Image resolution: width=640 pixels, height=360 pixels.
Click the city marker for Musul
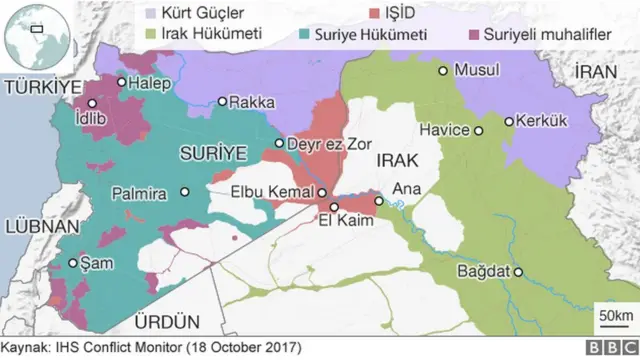point(442,70)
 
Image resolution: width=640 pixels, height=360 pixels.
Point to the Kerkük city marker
point(509,122)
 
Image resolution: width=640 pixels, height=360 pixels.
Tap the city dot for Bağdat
point(519,272)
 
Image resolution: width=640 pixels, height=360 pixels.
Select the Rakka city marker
point(222,101)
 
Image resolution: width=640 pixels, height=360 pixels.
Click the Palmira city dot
point(184,192)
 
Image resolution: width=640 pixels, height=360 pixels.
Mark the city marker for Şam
point(73,263)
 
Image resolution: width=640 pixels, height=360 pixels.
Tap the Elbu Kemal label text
point(272,192)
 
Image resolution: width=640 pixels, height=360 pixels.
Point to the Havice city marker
point(479,130)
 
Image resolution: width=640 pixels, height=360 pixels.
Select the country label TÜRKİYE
point(39,90)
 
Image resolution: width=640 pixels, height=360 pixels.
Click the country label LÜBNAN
point(36,227)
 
